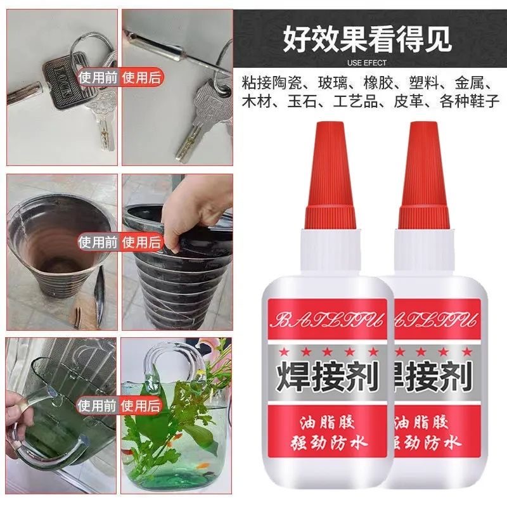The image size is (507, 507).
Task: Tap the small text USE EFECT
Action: click(x=367, y=63)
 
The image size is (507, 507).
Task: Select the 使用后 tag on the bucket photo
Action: click(x=143, y=241)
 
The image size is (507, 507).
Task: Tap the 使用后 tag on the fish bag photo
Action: click(x=143, y=403)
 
